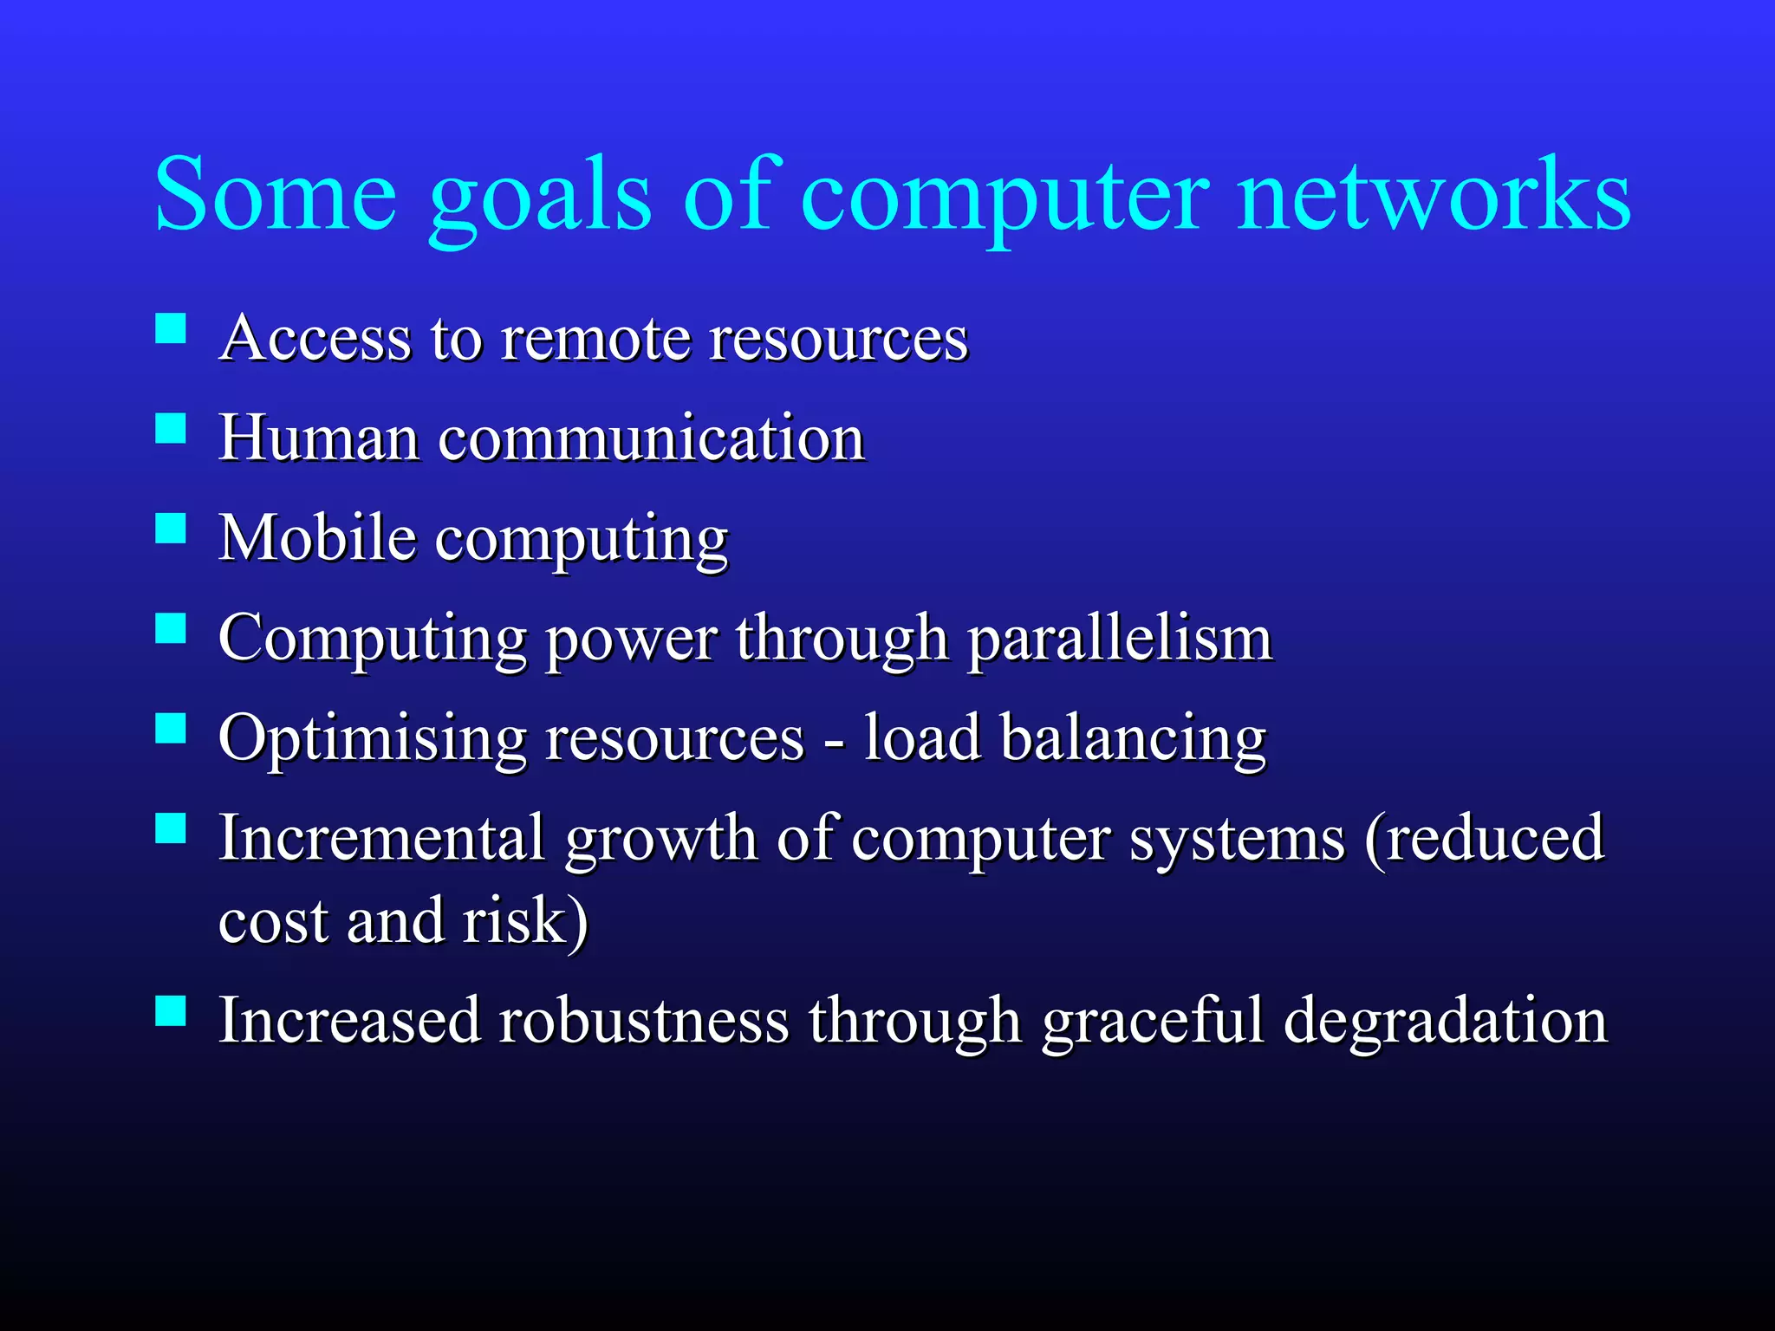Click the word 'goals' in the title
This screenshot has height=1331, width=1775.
[539, 198]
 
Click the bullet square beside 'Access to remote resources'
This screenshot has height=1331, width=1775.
[171, 329]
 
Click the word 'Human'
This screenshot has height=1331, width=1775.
[320, 438]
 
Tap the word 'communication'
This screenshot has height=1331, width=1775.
[651, 438]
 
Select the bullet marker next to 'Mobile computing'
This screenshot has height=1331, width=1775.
[171, 529]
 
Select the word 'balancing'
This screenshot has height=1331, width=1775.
[1134, 739]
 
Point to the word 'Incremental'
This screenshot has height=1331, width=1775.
[381, 838]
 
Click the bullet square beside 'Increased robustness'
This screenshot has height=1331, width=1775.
[171, 1010]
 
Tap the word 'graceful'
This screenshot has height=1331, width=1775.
[1153, 1021]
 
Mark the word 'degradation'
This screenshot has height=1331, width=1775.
[1445, 1021]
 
